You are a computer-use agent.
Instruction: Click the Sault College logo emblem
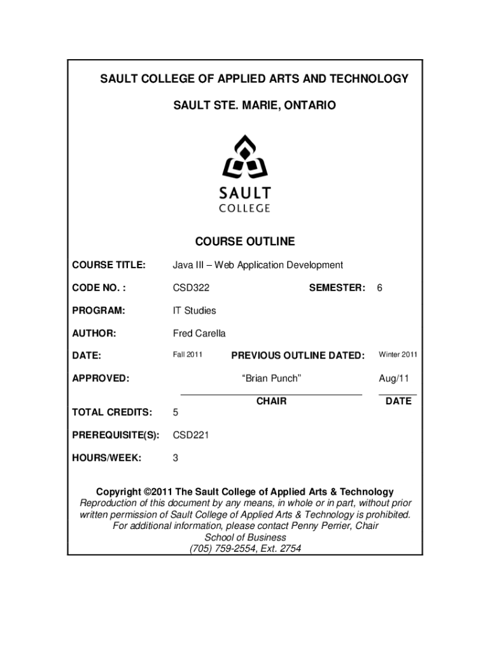pyautogui.click(x=245, y=158)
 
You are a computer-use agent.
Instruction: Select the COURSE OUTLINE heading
pyautogui.click(x=245, y=242)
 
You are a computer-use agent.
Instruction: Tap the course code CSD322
pyautogui.click(x=191, y=288)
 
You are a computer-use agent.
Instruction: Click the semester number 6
pyautogui.click(x=379, y=288)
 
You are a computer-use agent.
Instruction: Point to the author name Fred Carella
pyautogui.click(x=199, y=333)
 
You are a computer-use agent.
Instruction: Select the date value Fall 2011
pyautogui.click(x=188, y=355)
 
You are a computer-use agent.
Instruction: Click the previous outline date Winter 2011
pyautogui.click(x=398, y=355)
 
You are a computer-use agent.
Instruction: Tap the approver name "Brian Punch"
pyautogui.click(x=271, y=378)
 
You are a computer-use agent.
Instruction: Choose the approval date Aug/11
pyautogui.click(x=394, y=378)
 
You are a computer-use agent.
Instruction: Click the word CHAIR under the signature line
pyautogui.click(x=271, y=401)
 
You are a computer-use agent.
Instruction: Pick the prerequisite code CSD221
pyautogui.click(x=191, y=435)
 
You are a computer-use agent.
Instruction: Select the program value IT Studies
pyautogui.click(x=195, y=310)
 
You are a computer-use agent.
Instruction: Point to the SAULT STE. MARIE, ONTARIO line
pyautogui.click(x=245, y=104)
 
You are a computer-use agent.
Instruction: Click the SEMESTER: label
pyautogui.click(x=337, y=288)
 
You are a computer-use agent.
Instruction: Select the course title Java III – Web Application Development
pyautogui.click(x=258, y=264)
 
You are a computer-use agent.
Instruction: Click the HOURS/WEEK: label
pyautogui.click(x=106, y=458)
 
